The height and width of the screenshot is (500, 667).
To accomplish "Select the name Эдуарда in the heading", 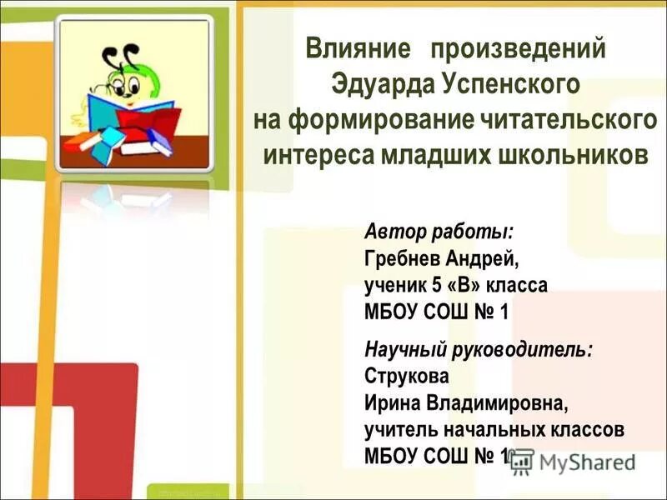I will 381,84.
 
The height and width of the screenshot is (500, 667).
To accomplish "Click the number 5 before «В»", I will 435,285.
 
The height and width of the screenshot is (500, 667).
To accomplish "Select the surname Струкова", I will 407,376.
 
